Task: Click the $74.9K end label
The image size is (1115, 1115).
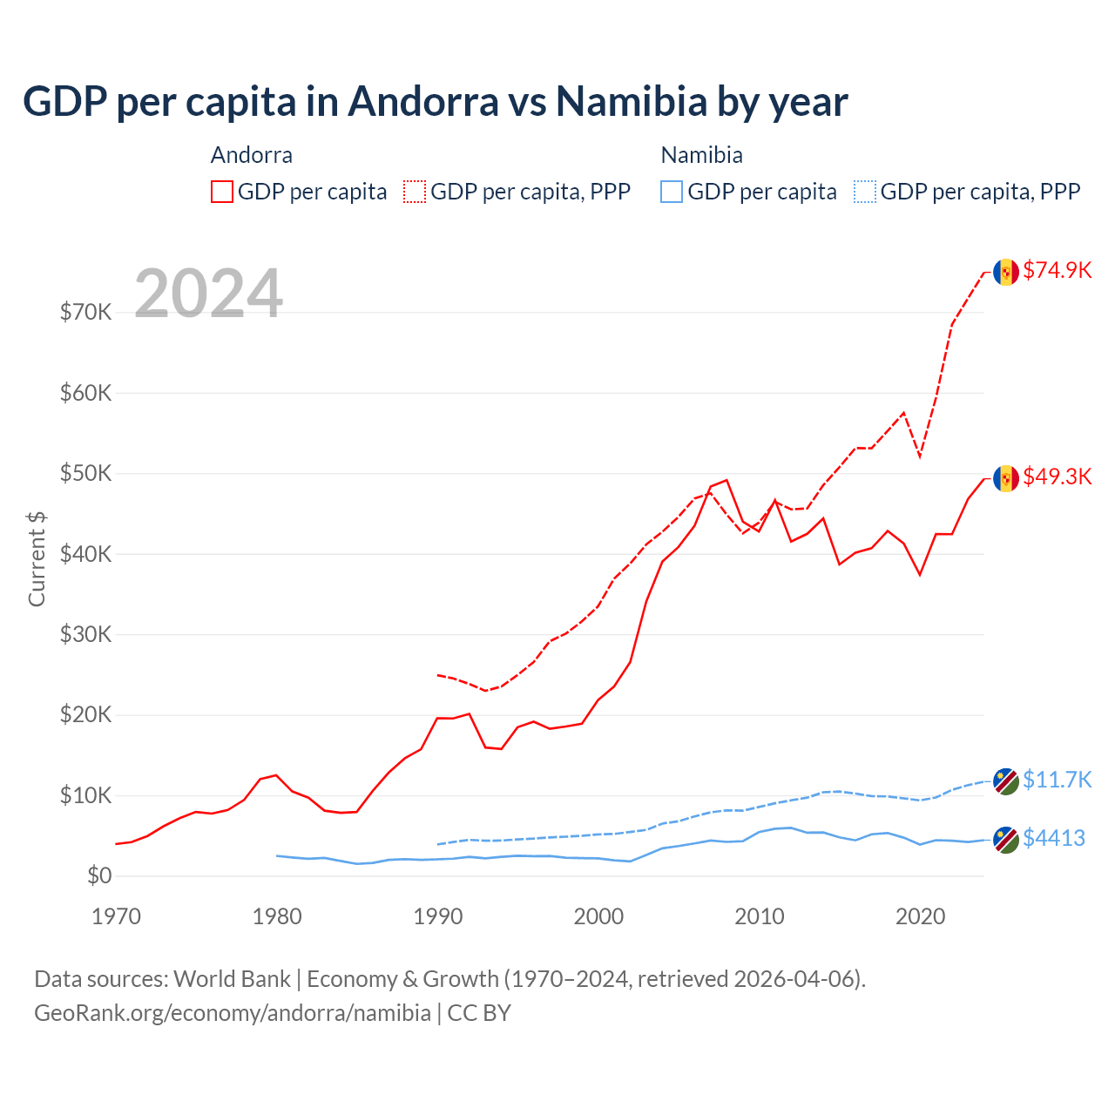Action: [x=1057, y=270]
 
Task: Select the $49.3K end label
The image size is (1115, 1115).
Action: [x=1057, y=476]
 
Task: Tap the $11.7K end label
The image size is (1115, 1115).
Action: [x=1057, y=779]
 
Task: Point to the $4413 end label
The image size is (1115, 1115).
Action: [x=1053, y=838]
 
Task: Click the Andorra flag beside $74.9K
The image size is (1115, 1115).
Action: [x=1006, y=272]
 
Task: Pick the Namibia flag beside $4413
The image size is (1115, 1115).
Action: [x=1006, y=840]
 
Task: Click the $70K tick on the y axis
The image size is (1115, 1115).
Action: [x=86, y=312]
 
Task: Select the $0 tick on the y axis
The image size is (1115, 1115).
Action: [x=99, y=875]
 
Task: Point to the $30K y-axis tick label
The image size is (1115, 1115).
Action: [x=86, y=634]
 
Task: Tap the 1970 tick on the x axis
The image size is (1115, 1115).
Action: [x=116, y=916]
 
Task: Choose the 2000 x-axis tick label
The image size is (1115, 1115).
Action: [x=598, y=916]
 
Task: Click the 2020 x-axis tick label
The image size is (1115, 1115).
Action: [x=920, y=916]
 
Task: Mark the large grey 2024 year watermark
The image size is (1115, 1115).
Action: [x=209, y=294]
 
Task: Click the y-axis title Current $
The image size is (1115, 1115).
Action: [x=37, y=558]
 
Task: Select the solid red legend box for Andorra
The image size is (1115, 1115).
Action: [x=222, y=192]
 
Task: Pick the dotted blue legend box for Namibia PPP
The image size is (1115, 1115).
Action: [x=865, y=192]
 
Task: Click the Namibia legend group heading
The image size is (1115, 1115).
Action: [x=701, y=155]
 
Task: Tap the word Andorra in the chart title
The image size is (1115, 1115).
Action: [x=423, y=102]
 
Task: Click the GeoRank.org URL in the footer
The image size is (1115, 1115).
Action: [x=233, y=1013]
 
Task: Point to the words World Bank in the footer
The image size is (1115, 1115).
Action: [x=232, y=979]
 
